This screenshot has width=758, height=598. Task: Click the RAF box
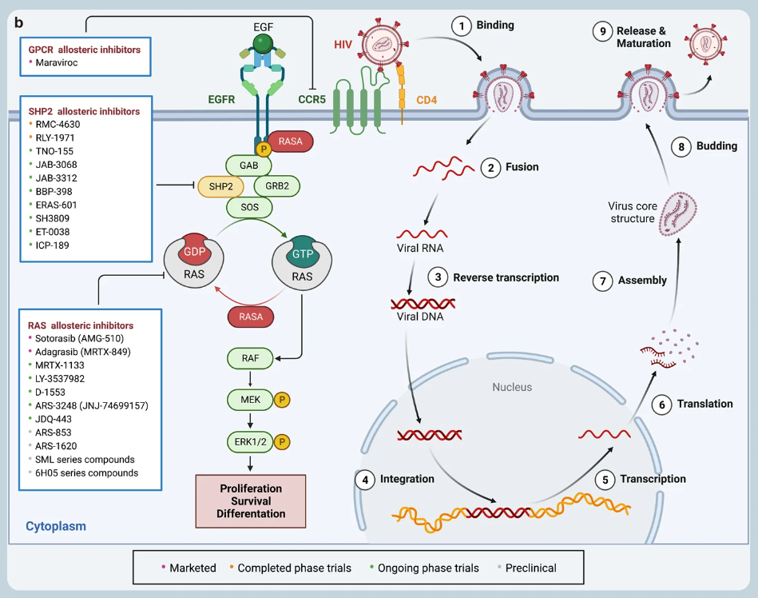[x=249, y=357]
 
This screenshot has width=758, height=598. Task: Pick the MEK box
[x=249, y=398]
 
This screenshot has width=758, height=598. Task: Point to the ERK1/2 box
[x=249, y=440]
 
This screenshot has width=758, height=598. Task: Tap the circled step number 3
[x=438, y=277]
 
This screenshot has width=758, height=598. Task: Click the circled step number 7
[x=603, y=281]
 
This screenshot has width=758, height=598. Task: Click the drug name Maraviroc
[x=58, y=62]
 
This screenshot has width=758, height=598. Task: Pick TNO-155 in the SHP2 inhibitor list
[x=54, y=150]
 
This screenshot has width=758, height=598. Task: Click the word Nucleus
[x=512, y=387]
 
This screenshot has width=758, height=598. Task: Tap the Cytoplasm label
[x=56, y=526]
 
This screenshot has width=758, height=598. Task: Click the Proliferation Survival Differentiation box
[x=251, y=500]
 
